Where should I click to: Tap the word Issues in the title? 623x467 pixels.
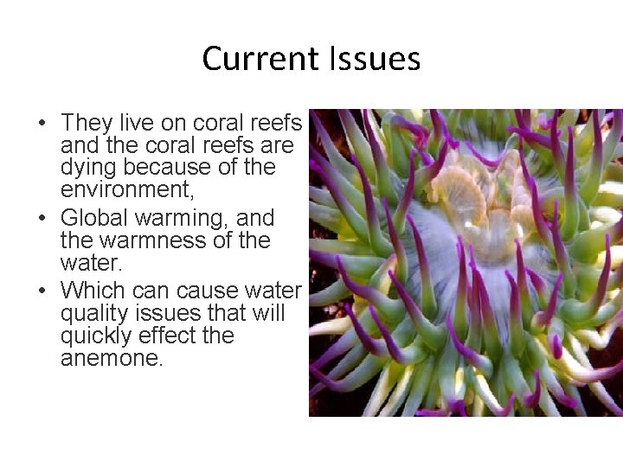coord(375,59)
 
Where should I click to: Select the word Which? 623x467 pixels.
coord(93,290)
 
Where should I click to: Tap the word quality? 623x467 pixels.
coord(91,312)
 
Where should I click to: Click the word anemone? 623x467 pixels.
coord(111,357)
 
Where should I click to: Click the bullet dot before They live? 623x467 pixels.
coord(42,124)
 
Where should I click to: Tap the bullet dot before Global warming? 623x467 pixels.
coord(42,219)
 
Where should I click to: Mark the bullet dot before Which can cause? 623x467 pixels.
coord(42,291)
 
